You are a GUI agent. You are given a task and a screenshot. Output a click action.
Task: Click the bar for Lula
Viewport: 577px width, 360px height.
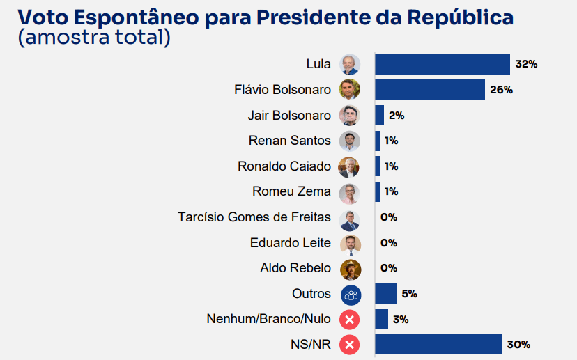[443, 64]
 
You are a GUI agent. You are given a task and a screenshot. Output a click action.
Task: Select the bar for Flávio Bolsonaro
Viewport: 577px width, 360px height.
[430, 90]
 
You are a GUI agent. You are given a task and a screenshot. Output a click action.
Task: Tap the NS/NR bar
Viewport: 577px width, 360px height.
[438, 344]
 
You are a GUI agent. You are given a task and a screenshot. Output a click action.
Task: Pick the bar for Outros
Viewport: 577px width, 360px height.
[386, 294]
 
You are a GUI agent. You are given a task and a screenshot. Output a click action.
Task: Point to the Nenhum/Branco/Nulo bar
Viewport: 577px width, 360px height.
[382, 319]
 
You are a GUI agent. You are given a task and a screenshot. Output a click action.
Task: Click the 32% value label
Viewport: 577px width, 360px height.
[526, 64]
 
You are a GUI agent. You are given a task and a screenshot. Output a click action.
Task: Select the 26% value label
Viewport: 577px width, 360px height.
[502, 90]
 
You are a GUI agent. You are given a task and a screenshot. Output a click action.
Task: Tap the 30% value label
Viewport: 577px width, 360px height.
[519, 344]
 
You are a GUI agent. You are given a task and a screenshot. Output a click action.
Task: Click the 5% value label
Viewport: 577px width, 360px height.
[409, 294]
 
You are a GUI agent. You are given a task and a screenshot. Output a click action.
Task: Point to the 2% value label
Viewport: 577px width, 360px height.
[397, 116]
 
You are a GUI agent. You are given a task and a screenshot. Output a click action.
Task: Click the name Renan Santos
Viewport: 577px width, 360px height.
[290, 141]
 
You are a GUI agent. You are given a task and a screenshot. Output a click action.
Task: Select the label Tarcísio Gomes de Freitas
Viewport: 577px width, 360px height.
[254, 217]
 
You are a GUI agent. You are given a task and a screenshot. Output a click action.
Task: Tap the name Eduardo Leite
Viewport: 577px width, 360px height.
[291, 243]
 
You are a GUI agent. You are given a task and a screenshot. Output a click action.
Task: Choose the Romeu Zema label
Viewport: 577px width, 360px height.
[292, 191]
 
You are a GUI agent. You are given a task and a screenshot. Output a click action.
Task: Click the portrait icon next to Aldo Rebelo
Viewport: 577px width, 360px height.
[350, 269]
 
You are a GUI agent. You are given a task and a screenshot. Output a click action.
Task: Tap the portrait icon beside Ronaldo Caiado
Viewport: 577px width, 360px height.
[350, 166]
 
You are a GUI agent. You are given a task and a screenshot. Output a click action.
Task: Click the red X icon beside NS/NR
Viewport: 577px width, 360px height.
[350, 344]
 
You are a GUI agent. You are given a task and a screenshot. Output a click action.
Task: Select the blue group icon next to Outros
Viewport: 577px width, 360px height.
[350, 294]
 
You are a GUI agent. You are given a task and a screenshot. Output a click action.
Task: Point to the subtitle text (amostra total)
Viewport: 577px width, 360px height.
[94, 37]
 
